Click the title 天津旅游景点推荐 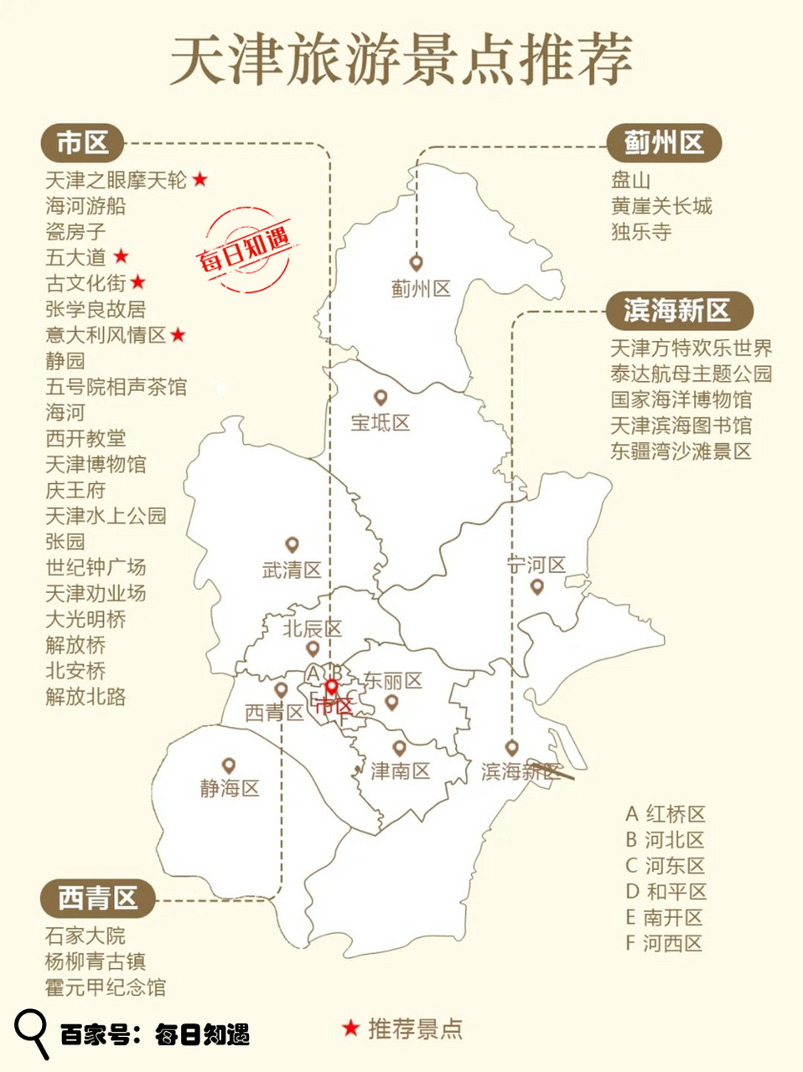pos(401,60)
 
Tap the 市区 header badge pos(82,143)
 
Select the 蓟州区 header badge pos(663,143)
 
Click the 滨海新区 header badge pos(677,311)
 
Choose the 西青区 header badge pos(97,899)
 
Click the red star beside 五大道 pos(122,256)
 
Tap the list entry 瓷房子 pos(75,231)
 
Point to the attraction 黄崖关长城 pos(661,206)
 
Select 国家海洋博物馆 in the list pos(681,399)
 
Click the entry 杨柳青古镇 pos(95,961)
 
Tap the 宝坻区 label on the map pos(381,423)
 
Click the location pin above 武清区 pos(292,546)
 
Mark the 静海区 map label pos(229,788)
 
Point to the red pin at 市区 pos(332,688)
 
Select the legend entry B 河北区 pos(665,840)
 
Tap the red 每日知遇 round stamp pos(246,249)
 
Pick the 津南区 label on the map pos(401,770)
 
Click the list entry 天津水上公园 pos(106,515)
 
